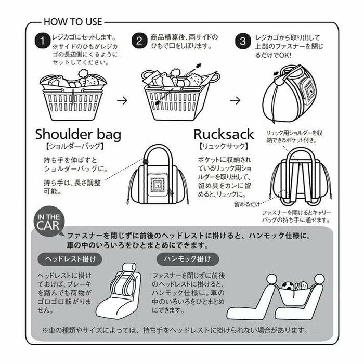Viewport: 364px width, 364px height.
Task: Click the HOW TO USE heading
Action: pos(73,22)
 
